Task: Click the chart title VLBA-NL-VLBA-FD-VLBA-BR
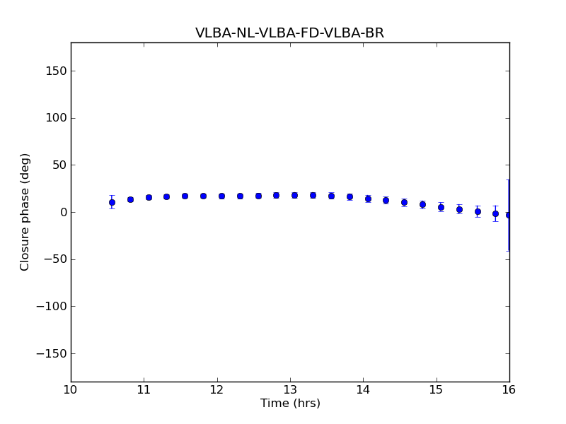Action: pyautogui.click(x=289, y=33)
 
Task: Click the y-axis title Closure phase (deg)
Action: pyautogui.click(x=25, y=212)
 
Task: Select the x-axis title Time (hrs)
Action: pyautogui.click(x=290, y=404)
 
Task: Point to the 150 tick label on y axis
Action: pyautogui.click(x=55, y=71)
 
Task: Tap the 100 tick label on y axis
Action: pyautogui.click(x=55, y=118)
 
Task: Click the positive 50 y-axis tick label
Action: pyautogui.click(x=58, y=165)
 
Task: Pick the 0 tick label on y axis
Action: pyautogui.click(x=62, y=212)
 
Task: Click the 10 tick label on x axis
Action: pyautogui.click(x=71, y=390)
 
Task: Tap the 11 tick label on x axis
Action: pyautogui.click(x=144, y=390)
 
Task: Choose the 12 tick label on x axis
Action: pyautogui.click(x=217, y=390)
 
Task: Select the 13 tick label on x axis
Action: pyautogui.click(x=290, y=390)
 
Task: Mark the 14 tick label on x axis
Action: pyautogui.click(x=363, y=390)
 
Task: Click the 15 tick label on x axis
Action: pyautogui.click(x=437, y=390)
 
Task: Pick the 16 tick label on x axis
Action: pyautogui.click(x=509, y=390)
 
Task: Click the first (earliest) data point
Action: pyautogui.click(x=112, y=202)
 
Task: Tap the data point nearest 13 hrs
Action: pyautogui.click(x=294, y=195)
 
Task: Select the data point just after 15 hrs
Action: pyautogui.click(x=441, y=208)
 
